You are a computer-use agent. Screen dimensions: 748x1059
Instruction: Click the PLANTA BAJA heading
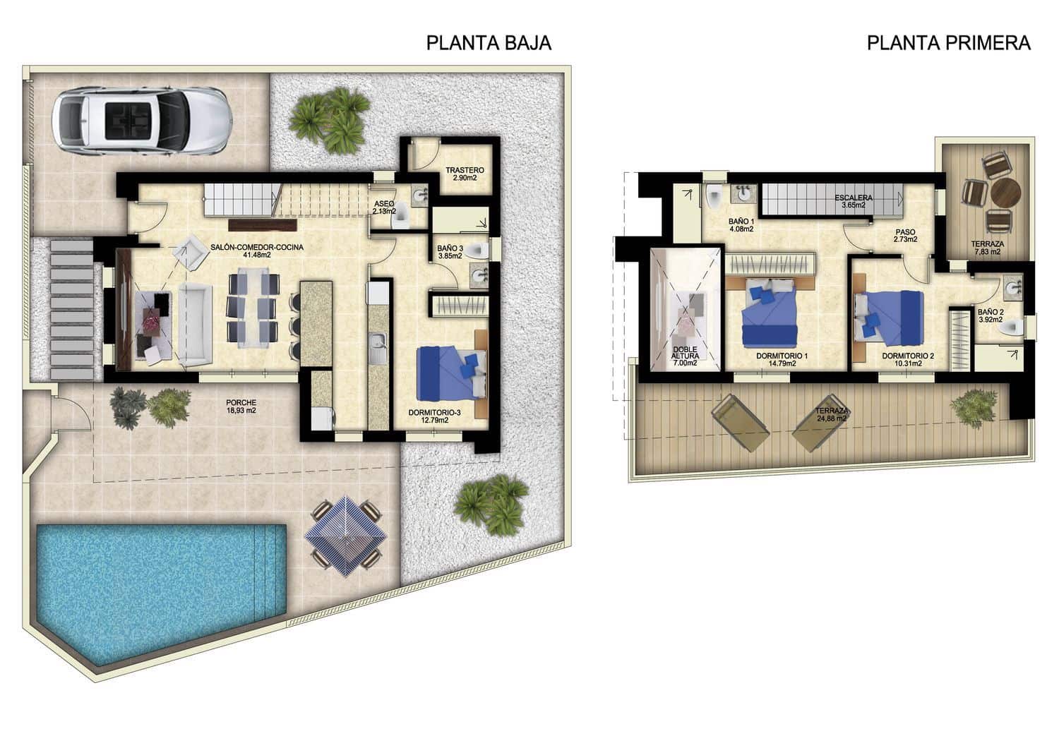[x=489, y=43]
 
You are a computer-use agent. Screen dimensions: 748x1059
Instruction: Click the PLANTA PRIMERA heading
[x=948, y=43]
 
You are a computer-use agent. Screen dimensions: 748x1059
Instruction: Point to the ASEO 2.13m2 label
[x=385, y=206]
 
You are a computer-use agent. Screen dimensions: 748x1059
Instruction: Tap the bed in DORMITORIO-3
[x=452, y=370]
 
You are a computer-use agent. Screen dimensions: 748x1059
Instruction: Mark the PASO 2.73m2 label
[x=905, y=234]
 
